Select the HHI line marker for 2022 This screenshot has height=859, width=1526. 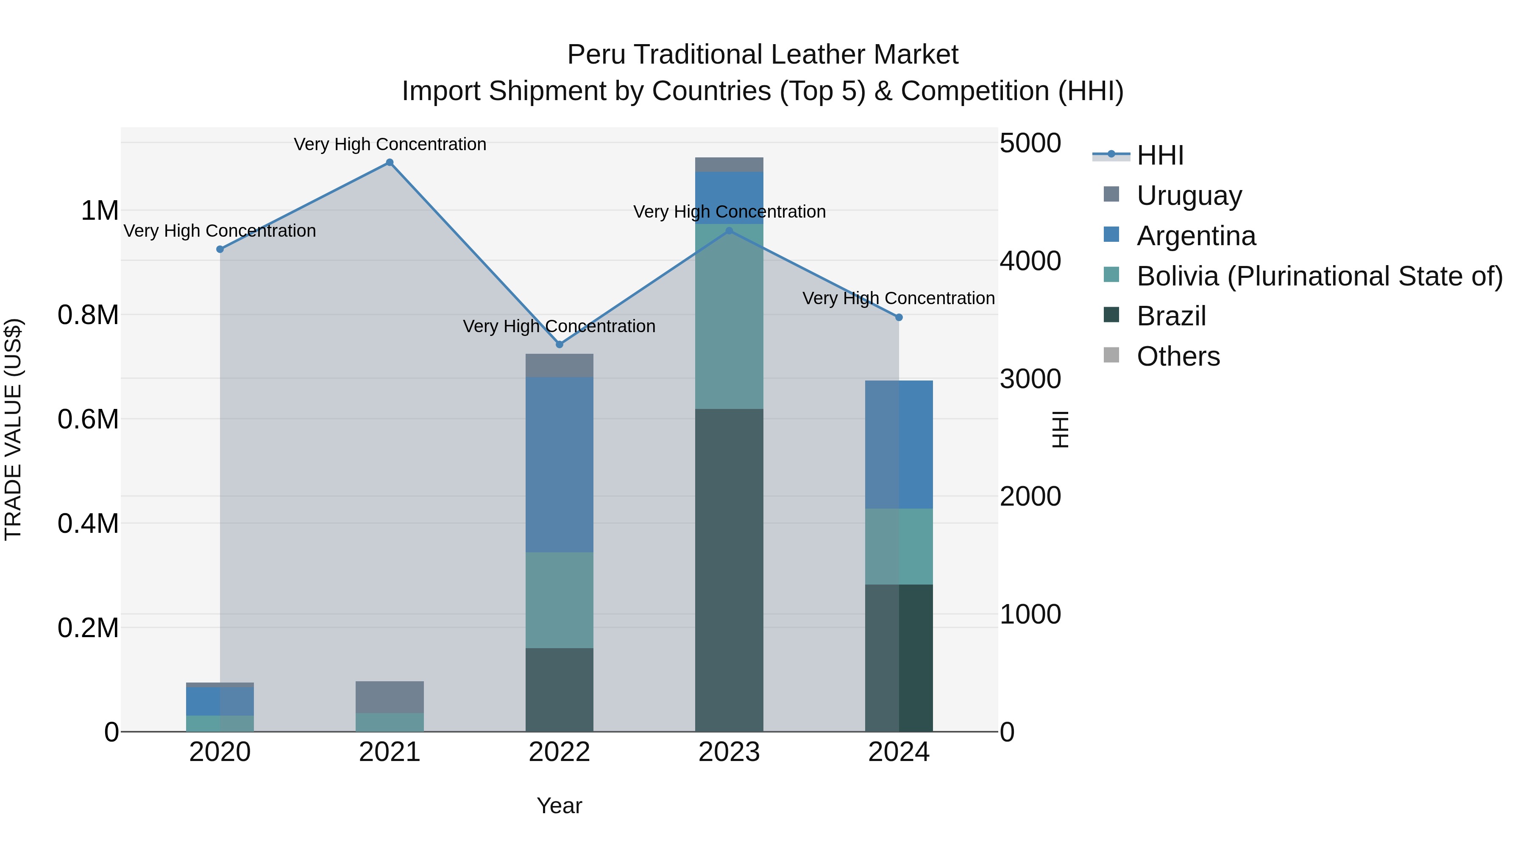coord(559,344)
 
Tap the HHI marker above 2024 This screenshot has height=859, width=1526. coord(899,318)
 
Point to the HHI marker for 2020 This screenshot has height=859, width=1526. coord(220,249)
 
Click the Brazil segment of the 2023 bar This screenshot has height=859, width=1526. coord(729,569)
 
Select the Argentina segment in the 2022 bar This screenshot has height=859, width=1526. coord(559,464)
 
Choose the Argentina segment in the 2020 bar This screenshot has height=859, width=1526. coord(220,701)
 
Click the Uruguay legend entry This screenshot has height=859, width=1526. coord(1189,196)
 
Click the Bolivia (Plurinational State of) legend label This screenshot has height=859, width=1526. coord(1319,276)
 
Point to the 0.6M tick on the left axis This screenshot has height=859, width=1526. coord(88,419)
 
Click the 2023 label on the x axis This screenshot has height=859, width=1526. coord(729,752)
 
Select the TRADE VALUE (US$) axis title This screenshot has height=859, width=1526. coord(13,429)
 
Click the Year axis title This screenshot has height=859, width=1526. coord(559,806)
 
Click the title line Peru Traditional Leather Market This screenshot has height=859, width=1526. coord(763,55)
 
